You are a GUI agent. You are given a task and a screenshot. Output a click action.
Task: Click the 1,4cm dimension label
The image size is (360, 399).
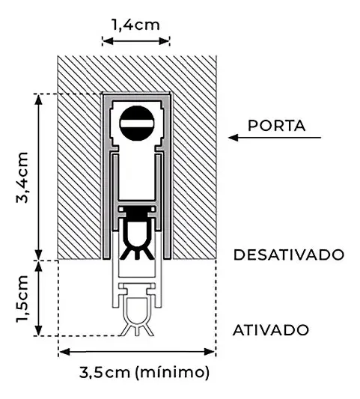click(x=136, y=25)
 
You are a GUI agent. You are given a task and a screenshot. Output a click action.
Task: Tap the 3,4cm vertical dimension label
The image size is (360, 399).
click(x=22, y=177)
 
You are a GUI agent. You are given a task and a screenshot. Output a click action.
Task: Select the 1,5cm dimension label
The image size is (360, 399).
click(x=22, y=299)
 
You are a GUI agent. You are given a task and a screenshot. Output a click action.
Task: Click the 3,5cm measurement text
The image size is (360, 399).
click(x=105, y=373)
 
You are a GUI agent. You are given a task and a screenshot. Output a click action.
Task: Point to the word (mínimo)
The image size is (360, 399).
click(x=172, y=373)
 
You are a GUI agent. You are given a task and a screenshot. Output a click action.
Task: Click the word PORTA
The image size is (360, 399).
click(x=277, y=126)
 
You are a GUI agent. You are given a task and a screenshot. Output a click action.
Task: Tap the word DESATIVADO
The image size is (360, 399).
click(x=289, y=255)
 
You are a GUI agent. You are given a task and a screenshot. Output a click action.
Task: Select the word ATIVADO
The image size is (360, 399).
click(x=271, y=330)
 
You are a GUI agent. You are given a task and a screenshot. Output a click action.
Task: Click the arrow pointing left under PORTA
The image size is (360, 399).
click(x=275, y=138)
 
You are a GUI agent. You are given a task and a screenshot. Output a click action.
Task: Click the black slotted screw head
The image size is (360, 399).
click(x=137, y=124)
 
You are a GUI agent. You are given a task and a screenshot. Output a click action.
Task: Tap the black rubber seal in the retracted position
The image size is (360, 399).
click(x=137, y=232)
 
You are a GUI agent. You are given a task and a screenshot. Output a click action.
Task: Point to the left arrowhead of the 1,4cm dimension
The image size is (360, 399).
click(x=108, y=40)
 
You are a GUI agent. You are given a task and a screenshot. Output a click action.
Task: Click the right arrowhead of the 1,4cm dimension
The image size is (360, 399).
click(x=164, y=40)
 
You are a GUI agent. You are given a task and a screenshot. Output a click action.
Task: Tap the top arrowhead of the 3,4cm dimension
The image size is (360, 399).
click(x=38, y=100)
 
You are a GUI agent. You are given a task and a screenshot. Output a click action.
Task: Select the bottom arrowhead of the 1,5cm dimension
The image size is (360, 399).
click(x=38, y=330)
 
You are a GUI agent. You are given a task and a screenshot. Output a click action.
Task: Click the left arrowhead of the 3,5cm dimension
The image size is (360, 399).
click(x=64, y=352)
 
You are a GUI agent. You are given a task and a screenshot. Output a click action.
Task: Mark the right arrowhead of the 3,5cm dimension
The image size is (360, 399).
click(x=210, y=352)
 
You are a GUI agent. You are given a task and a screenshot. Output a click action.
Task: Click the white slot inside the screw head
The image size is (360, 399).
click(x=137, y=124)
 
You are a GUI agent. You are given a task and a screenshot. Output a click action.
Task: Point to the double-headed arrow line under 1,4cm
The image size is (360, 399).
click(x=136, y=40)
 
